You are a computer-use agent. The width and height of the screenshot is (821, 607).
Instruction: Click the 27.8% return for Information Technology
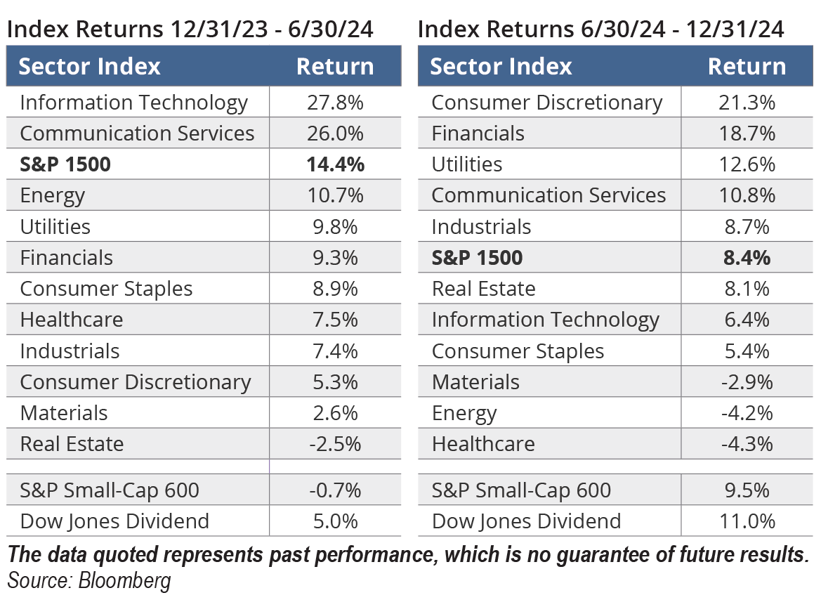tap(335, 103)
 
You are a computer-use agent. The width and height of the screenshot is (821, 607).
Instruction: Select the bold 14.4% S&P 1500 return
tap(335, 164)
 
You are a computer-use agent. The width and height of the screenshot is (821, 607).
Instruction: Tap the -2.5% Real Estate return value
tap(335, 444)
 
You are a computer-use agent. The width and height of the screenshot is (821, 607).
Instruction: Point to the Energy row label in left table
tap(53, 196)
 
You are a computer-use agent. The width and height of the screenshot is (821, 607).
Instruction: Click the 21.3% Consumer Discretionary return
tap(747, 103)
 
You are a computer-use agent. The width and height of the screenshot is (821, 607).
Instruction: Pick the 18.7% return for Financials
tap(747, 133)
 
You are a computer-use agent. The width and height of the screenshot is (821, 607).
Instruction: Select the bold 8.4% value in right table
tap(747, 258)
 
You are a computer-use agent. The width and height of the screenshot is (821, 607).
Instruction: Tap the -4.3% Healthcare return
tap(747, 444)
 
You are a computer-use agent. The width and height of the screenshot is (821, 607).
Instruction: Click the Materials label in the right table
tap(475, 382)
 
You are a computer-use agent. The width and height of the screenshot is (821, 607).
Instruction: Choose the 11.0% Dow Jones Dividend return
tap(747, 521)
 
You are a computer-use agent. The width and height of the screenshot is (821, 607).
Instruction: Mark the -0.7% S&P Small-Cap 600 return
tap(335, 490)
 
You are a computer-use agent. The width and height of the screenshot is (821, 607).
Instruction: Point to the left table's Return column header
tap(335, 67)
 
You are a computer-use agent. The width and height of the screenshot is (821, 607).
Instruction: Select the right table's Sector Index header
tap(501, 67)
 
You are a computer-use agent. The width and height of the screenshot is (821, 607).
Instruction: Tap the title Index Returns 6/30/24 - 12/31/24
tap(600, 30)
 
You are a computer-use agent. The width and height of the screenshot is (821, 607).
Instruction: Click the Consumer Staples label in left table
tap(106, 289)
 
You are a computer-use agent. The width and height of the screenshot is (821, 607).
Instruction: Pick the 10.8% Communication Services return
tap(747, 195)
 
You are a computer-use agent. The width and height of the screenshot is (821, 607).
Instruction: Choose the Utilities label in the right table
tap(467, 164)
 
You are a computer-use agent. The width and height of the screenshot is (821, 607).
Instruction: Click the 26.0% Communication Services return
tap(335, 133)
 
